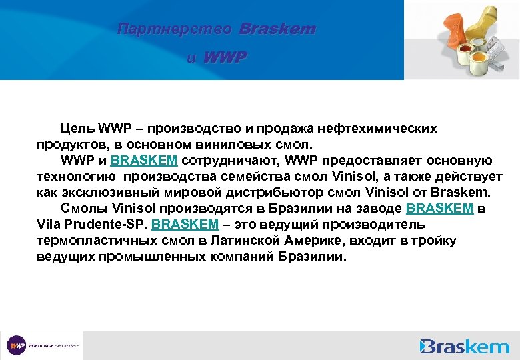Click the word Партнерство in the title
pyautogui.click(x=174, y=30)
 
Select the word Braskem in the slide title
pyautogui.click(x=277, y=30)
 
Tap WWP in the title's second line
pyautogui.click(x=224, y=58)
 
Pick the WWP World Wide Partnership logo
pyautogui.click(x=42, y=345)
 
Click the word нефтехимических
pyautogui.click(x=382, y=128)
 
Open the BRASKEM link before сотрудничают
pyautogui.click(x=143, y=160)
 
